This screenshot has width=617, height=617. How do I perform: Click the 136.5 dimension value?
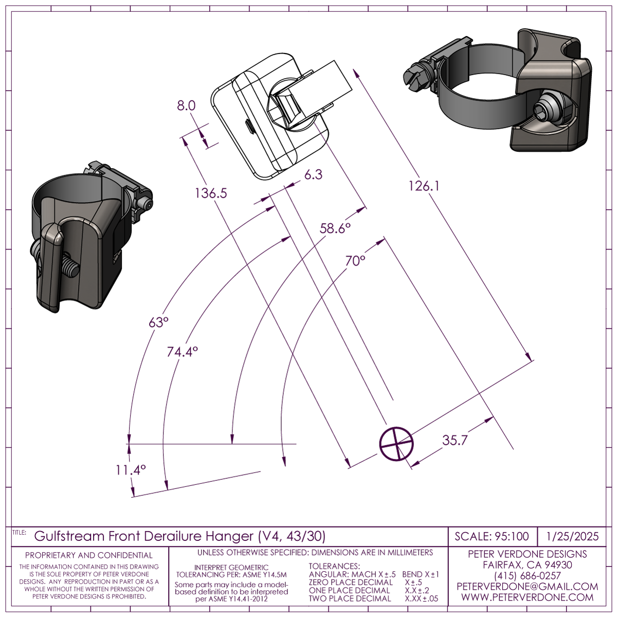(211, 193)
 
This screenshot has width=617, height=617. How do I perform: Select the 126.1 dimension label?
(424, 186)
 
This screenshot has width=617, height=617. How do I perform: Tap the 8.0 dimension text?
(186, 106)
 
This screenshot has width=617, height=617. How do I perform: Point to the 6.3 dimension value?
(313, 175)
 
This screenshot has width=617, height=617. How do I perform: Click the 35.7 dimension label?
(455, 440)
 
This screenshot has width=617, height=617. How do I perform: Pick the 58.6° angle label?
(335, 228)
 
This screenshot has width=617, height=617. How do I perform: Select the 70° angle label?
(355, 261)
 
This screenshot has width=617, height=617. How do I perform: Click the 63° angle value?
(158, 322)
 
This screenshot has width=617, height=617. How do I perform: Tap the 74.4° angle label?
(182, 352)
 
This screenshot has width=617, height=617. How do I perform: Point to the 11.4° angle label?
(131, 470)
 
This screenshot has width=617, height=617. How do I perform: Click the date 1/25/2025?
(573, 537)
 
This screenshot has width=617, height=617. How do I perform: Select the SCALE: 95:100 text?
(492, 537)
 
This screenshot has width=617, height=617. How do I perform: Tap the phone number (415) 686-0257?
(527, 576)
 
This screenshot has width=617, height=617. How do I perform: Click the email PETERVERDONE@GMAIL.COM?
(527, 587)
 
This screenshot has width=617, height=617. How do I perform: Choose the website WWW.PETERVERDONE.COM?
(527, 597)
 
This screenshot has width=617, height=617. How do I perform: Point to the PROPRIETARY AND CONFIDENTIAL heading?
(89, 555)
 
